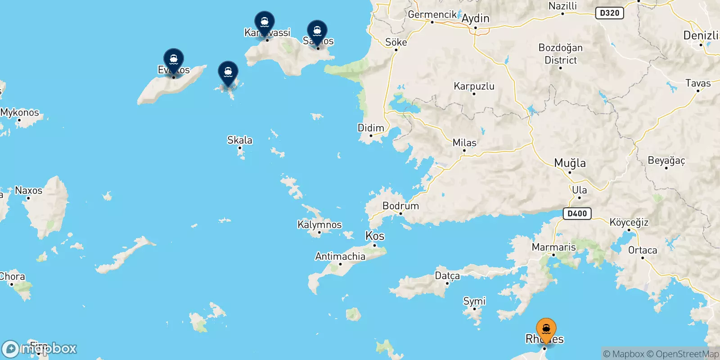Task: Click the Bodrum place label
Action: point(400,206)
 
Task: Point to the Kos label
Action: point(375,236)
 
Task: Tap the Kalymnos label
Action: point(319,225)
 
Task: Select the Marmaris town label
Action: point(553,247)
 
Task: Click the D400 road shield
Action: point(577,213)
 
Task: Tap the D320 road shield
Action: point(609,13)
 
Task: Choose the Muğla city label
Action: point(570,163)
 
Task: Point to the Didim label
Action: point(371,128)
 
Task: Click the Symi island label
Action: point(474,301)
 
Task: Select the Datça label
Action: point(447,275)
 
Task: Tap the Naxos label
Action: point(28,190)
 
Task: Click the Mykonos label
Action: point(20,112)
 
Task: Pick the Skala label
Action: point(240,140)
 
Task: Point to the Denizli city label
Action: point(701,35)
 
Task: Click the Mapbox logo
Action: point(39,349)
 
